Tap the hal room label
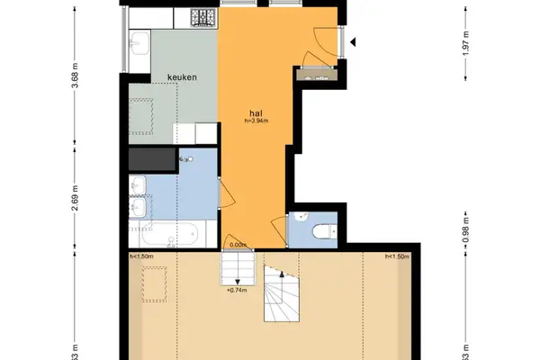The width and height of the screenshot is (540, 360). coord(256,113)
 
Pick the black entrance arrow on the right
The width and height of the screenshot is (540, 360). coord(353,41)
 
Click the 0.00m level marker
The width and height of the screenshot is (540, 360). coord(238,245)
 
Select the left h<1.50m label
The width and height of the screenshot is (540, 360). coord(141,257)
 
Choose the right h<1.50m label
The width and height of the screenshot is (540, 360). coord(396,257)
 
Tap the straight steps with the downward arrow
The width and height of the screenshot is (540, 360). coord(238,268)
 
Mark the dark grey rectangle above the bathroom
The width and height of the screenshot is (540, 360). coord(154,160)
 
